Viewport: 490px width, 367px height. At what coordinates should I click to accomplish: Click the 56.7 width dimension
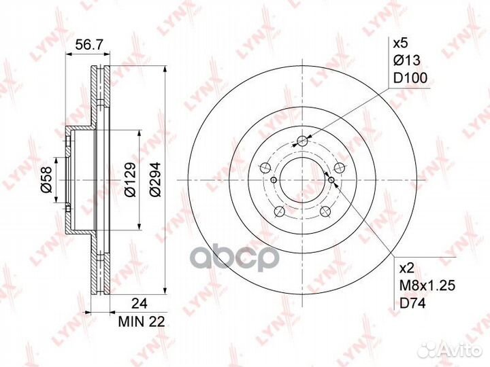click(88, 46)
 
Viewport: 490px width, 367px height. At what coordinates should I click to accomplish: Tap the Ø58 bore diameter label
click(47, 179)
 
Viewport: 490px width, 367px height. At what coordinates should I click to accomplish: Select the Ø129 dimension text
click(129, 179)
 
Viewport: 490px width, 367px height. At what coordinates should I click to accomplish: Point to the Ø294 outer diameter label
click(154, 179)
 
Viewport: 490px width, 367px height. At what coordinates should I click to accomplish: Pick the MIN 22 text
click(142, 321)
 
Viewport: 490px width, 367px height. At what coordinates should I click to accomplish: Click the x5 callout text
click(401, 43)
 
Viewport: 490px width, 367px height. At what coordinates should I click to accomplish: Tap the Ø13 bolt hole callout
click(407, 60)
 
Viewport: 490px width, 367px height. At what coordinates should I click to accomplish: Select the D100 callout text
click(410, 78)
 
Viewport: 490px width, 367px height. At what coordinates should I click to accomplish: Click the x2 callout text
click(407, 268)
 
